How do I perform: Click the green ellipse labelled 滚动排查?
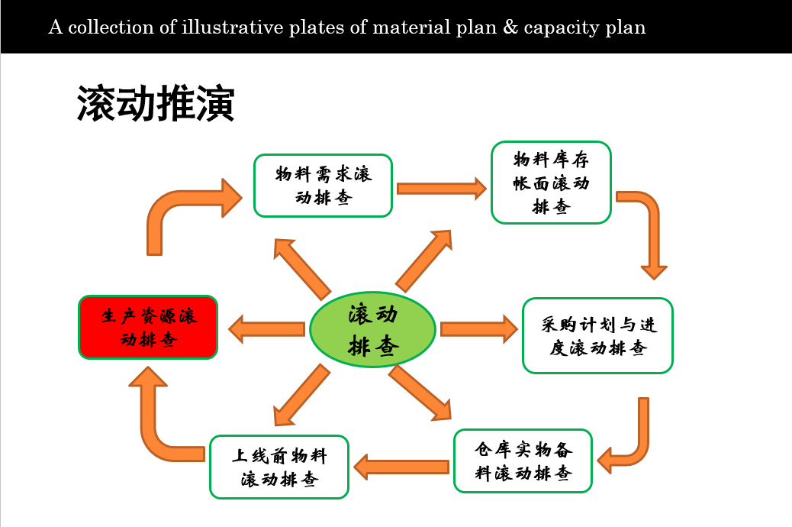[372, 329]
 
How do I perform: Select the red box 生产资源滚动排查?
[148, 327]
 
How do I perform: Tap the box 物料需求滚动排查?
[323, 186]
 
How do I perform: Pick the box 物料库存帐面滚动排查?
[551, 183]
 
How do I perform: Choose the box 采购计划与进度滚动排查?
[597, 335]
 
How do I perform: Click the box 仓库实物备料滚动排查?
[523, 461]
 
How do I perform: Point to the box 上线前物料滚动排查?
[279, 467]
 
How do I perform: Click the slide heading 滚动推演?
[155, 104]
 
